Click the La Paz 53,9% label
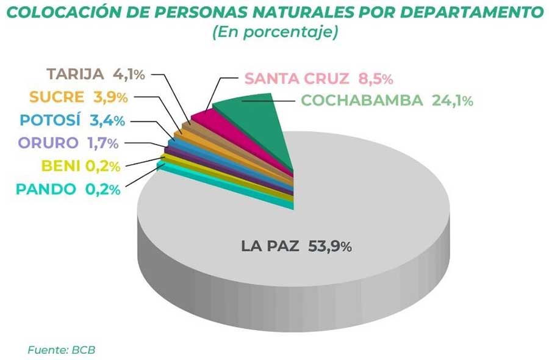(296, 246)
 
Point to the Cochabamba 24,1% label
(387, 101)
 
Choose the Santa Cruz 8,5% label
(318, 79)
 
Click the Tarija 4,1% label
(96, 74)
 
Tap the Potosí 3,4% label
(73, 120)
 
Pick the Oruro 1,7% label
(68, 143)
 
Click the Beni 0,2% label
(81, 166)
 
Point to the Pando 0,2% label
(68, 189)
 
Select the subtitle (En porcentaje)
(275, 32)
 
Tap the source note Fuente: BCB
(61, 350)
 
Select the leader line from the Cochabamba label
(268, 101)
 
